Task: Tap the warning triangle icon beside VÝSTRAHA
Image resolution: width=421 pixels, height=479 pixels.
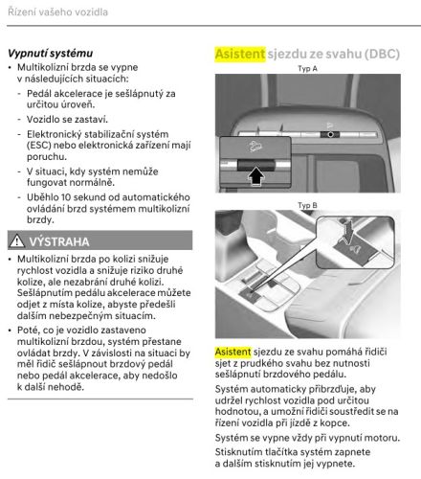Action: coord(15,241)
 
